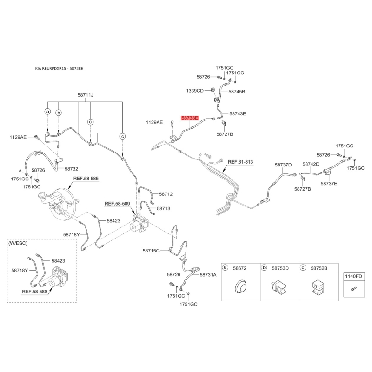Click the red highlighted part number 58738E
[x=190, y=119]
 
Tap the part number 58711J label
[x=86, y=95]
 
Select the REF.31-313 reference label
[x=240, y=162]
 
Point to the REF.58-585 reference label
[x=86, y=179]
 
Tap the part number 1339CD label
[x=195, y=90]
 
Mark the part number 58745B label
[x=236, y=92]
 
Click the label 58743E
[x=237, y=114]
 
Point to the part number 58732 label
[x=71, y=169]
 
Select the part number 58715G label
[x=152, y=251]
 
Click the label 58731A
[x=208, y=275]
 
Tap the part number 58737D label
[x=283, y=165]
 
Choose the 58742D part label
[x=311, y=164]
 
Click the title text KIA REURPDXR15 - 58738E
[x=59, y=69]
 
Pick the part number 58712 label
[x=166, y=194]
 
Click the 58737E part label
[x=329, y=184]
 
